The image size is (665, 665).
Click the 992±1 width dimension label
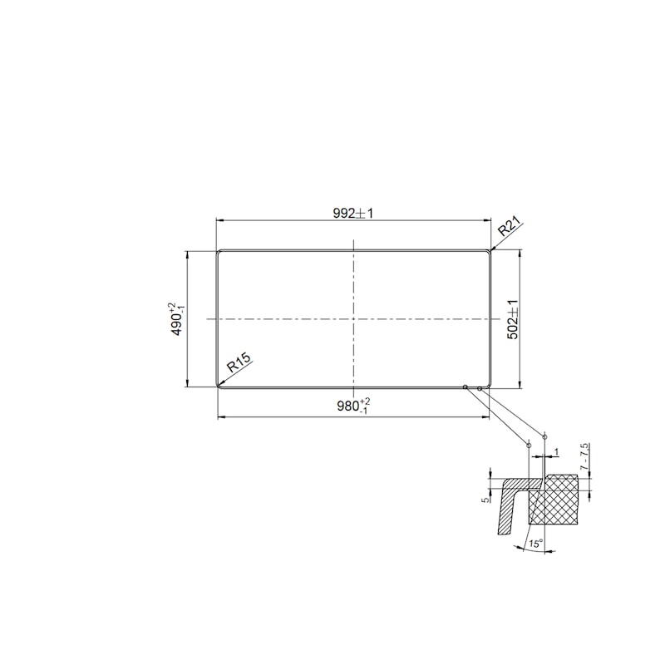[352, 214]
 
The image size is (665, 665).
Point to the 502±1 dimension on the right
[513, 319]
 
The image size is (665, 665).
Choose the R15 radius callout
[239, 362]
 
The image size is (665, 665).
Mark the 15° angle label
[535, 544]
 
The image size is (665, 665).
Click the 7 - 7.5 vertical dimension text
[585, 456]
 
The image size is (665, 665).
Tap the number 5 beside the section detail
[485, 500]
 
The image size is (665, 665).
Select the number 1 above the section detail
[556, 452]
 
